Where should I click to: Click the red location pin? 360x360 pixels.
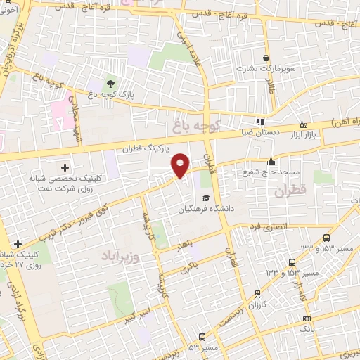[x=181, y=164]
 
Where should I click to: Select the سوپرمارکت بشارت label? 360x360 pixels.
[x=268, y=70]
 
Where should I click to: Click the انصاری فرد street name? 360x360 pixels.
[x=266, y=227]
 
